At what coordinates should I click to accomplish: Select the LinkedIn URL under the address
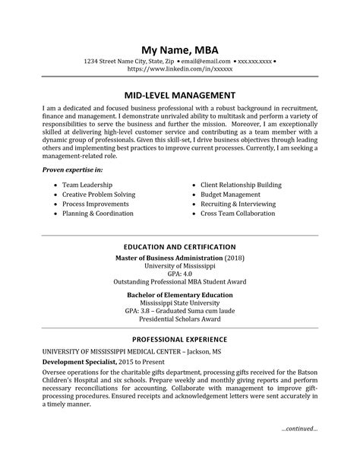coord(180,68)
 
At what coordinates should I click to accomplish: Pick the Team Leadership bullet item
coord(87,185)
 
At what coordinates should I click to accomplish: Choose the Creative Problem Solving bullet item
coord(98,195)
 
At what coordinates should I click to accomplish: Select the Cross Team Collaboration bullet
coord(238,215)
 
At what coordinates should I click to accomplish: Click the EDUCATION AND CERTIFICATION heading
coord(180,247)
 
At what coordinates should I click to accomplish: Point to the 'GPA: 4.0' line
coord(180,274)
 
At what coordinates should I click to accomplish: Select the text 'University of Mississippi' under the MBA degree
coord(180,265)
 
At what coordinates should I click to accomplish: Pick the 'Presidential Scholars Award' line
coord(180,320)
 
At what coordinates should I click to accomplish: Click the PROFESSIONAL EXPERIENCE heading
coord(180,339)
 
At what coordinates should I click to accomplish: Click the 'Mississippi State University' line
coord(180,302)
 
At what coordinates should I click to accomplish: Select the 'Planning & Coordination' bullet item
coord(98,215)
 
